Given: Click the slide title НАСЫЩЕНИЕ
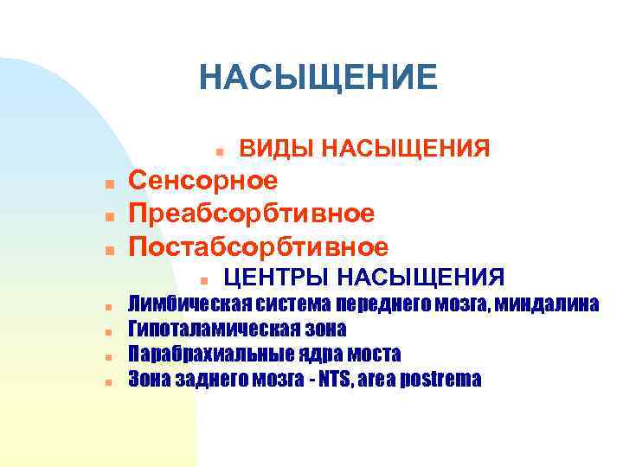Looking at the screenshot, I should tap(318, 77).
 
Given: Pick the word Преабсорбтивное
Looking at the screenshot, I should tap(252, 213).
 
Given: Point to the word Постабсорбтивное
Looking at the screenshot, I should tap(258, 247).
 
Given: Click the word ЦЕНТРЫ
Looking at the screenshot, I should tap(275, 278).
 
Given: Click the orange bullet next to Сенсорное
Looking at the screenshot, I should tap(109, 183).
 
